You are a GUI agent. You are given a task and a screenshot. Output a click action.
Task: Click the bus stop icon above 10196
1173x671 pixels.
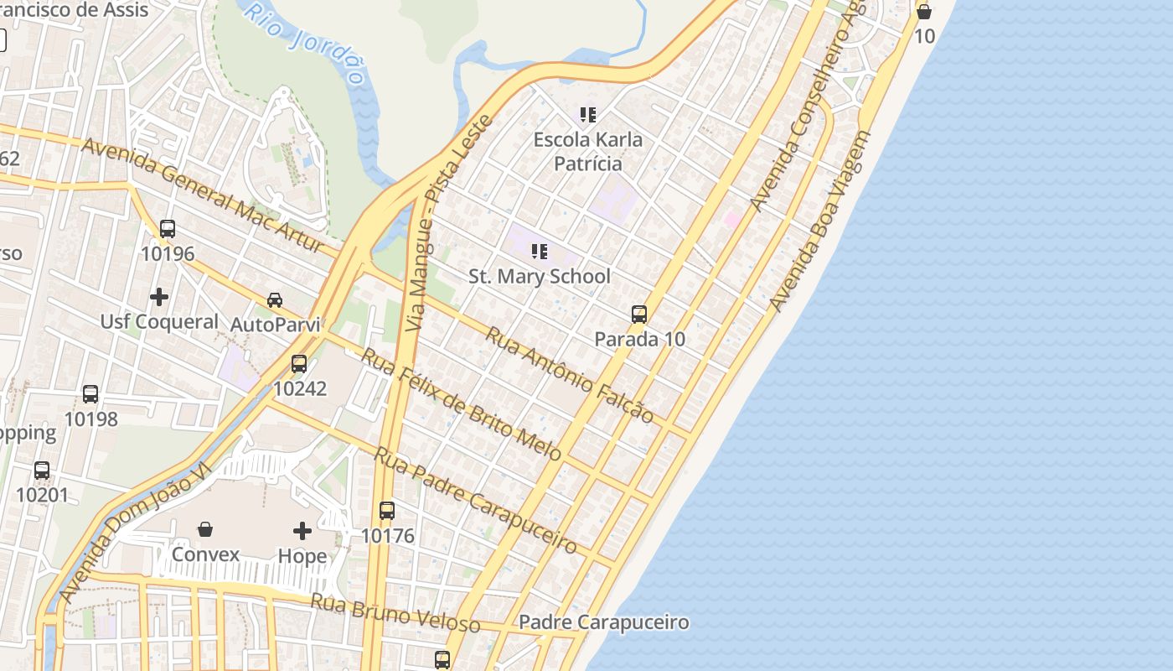[168, 228]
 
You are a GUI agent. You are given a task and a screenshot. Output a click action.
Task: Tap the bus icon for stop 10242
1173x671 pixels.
[299, 364]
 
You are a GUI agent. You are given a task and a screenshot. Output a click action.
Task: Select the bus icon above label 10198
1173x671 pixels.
[90, 394]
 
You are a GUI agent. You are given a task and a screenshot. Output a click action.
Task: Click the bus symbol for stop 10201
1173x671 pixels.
[42, 471]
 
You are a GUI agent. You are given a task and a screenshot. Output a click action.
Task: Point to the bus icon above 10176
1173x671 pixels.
[386, 510]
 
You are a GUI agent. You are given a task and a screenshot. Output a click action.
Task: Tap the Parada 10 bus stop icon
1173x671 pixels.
[639, 315]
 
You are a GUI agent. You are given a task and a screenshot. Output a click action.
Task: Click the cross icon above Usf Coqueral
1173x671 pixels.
[159, 297]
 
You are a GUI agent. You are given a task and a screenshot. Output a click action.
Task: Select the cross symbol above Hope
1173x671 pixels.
[302, 531]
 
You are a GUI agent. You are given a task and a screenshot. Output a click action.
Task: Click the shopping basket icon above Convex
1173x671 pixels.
[205, 529]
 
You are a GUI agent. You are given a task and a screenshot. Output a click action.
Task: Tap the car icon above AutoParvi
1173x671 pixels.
[275, 299]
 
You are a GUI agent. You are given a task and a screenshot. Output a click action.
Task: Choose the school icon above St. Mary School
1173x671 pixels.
[540, 251]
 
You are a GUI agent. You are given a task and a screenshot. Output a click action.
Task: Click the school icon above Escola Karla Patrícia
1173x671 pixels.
[588, 114]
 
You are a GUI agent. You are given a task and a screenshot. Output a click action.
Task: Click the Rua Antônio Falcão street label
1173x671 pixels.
[570, 374]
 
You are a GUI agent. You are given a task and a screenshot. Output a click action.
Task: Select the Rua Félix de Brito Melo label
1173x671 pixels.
[461, 403]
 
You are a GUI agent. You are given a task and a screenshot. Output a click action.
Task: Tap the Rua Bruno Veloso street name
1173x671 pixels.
[395, 612]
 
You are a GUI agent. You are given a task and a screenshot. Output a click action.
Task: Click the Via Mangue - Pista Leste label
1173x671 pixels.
[447, 223]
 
